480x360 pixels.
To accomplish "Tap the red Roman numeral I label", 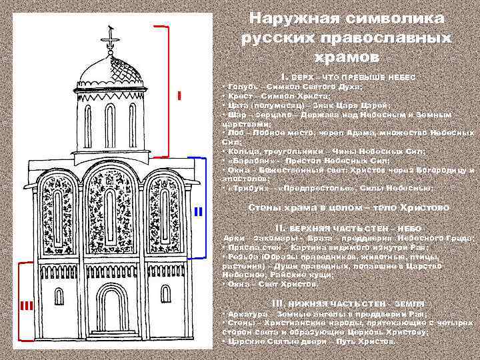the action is click(180, 96).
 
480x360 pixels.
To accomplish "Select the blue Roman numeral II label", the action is click(197, 211).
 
